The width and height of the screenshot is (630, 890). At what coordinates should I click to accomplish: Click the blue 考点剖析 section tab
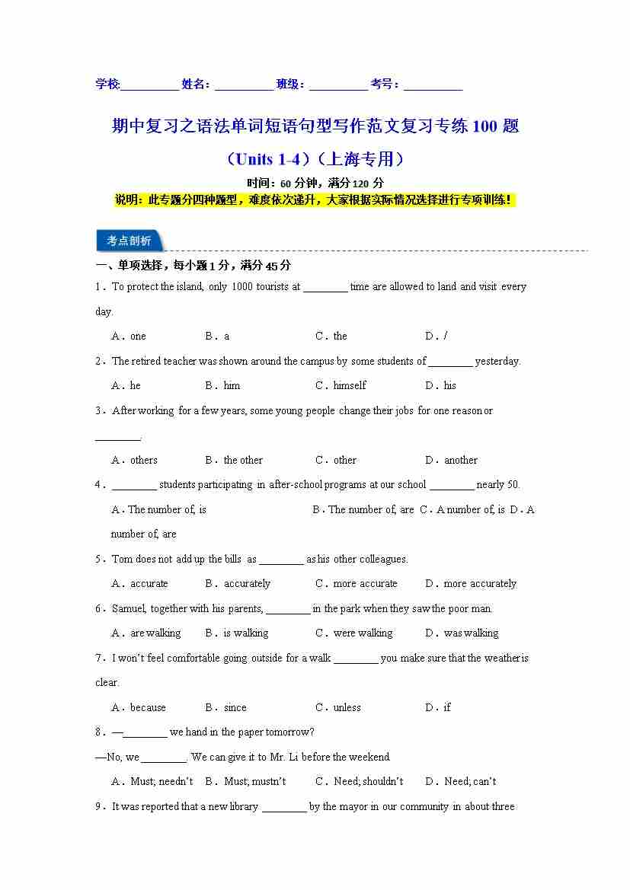pyautogui.click(x=129, y=241)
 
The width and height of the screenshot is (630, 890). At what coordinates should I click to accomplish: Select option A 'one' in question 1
pyautogui.click(x=129, y=336)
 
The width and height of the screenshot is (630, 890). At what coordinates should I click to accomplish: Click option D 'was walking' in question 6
pyautogui.click(x=462, y=633)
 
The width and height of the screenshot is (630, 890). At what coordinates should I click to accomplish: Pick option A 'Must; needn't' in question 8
pyautogui.click(x=152, y=781)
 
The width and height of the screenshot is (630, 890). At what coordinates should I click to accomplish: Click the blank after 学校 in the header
pyautogui.click(x=149, y=85)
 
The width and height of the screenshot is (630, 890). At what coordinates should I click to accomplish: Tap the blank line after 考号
pyautogui.click(x=433, y=85)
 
